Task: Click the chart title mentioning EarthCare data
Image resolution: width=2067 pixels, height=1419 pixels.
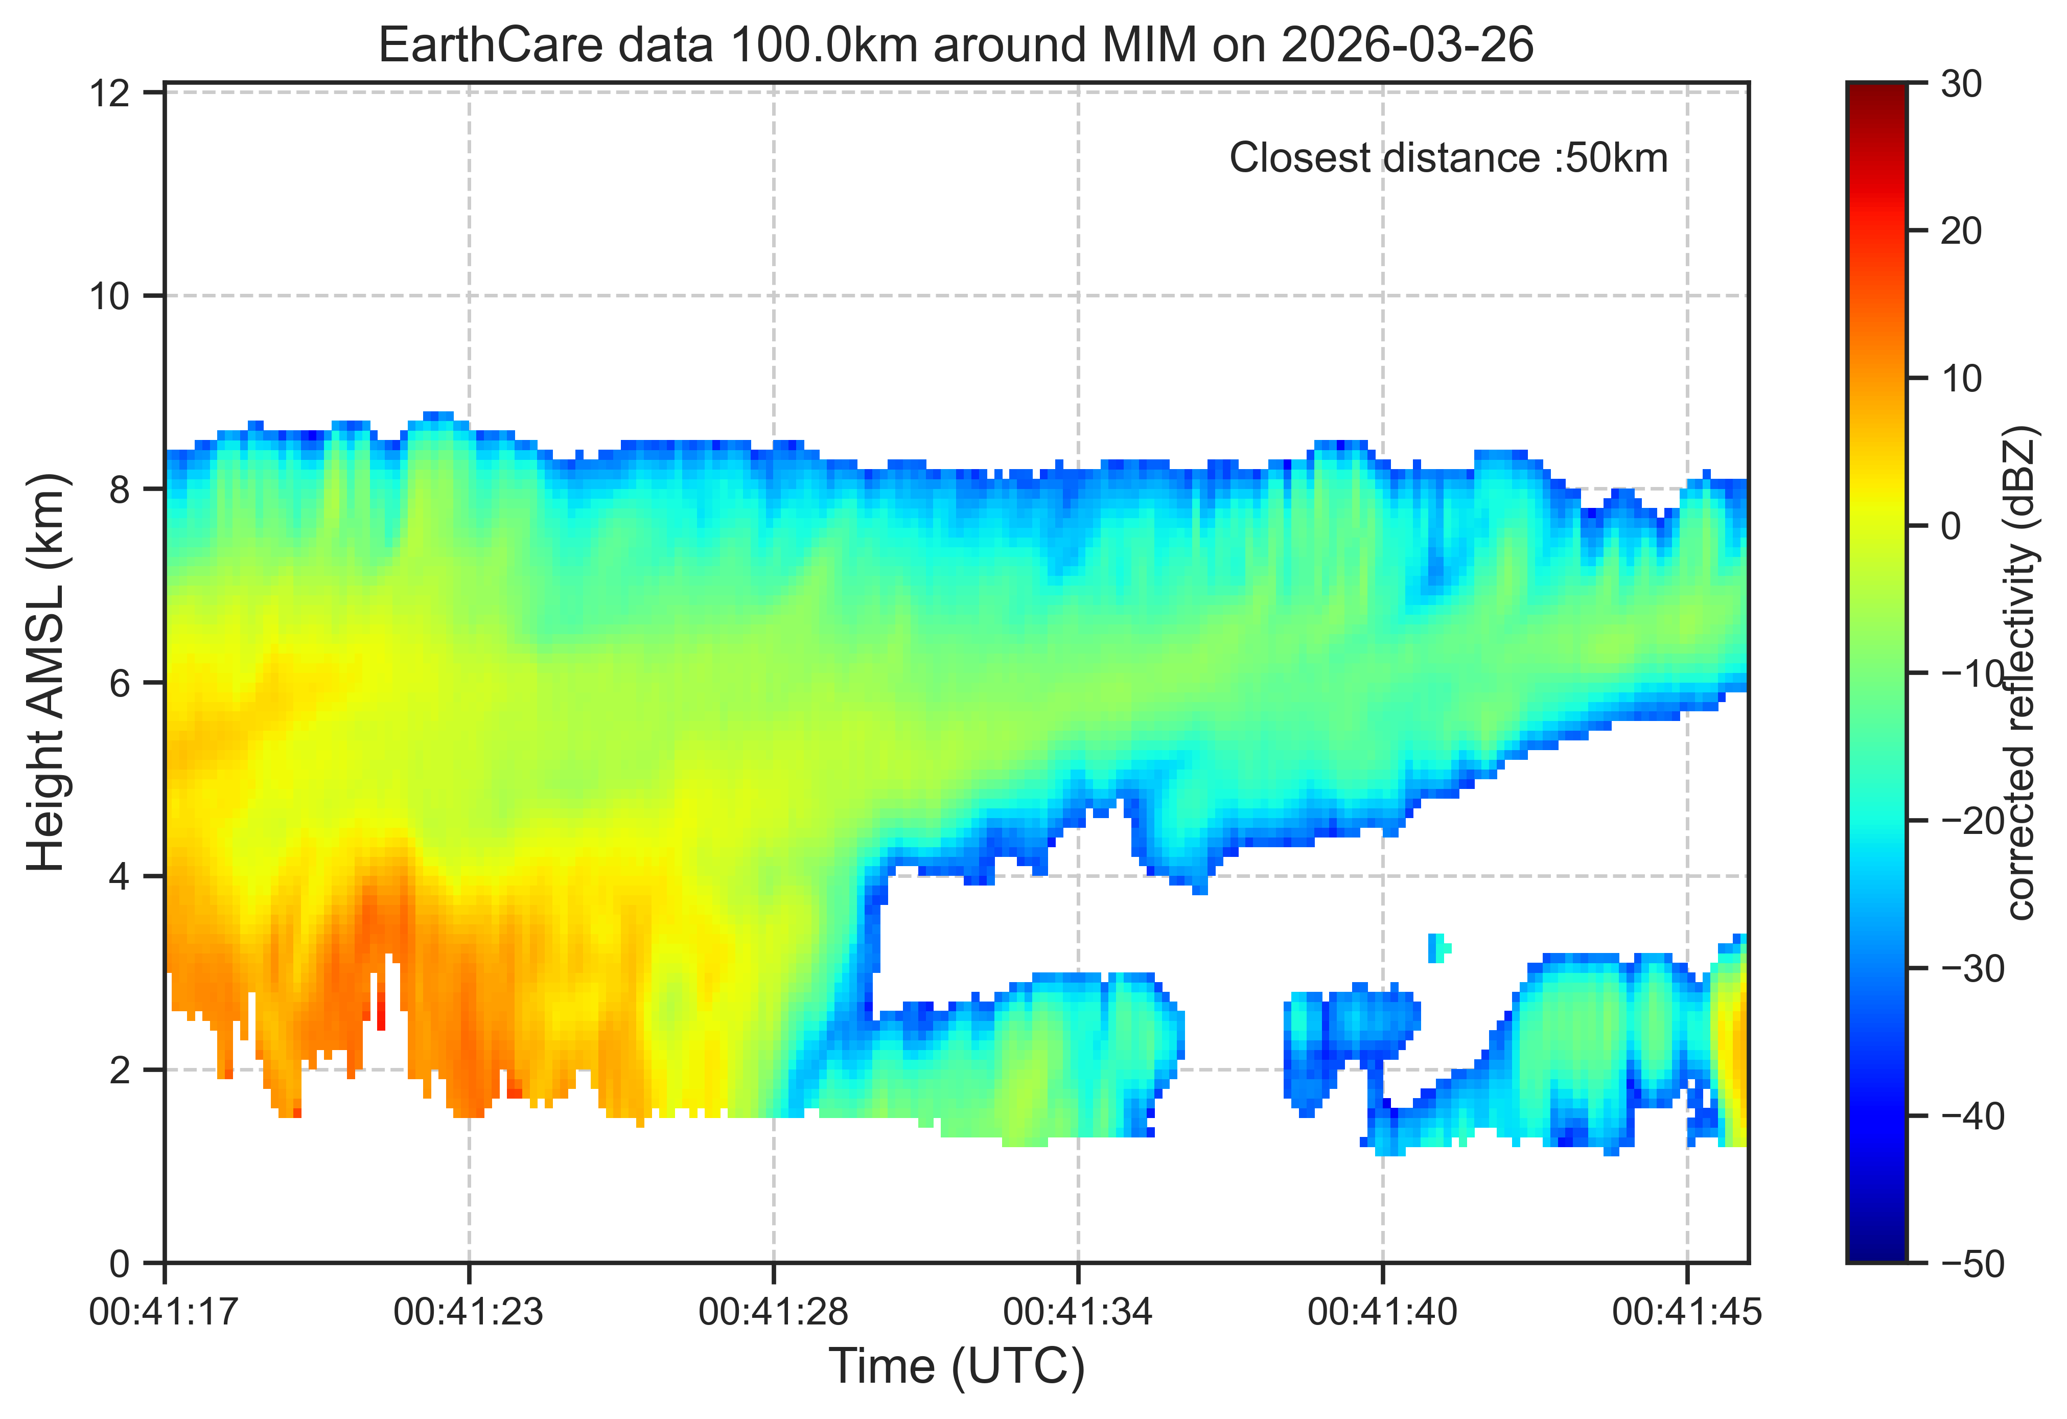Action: tap(956, 44)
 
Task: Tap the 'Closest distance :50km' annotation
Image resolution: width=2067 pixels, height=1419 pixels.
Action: tap(1448, 158)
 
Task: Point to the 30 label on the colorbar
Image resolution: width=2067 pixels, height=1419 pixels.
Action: tap(1961, 84)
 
